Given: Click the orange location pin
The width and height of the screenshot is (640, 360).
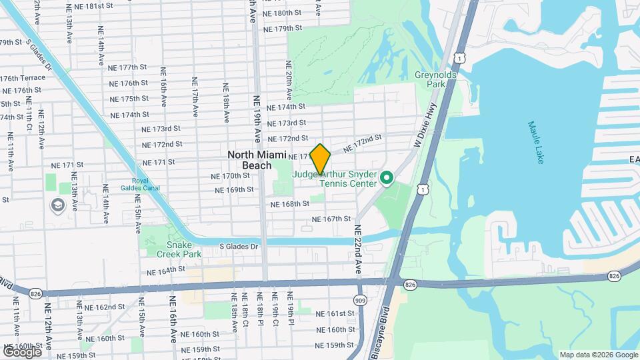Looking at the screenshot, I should coord(321,159).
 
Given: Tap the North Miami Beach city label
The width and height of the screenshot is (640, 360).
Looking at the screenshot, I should coord(249,160).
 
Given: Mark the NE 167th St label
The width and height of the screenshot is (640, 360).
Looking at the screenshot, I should coord(332,219).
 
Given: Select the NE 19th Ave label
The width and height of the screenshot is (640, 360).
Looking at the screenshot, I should coord(257,119).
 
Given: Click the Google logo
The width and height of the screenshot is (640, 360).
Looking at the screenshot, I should coord(22,351).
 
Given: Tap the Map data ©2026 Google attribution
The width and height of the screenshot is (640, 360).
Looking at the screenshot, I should coord(598,355).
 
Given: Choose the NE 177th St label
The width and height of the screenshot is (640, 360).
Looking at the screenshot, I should coord(128,67).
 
